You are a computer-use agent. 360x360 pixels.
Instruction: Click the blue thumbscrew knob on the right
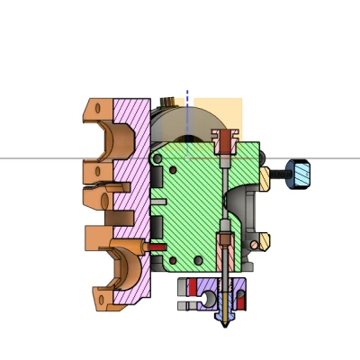point(300,174)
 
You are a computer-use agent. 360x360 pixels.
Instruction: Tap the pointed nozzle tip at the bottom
point(221,320)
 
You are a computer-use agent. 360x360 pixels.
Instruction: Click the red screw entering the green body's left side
point(155,245)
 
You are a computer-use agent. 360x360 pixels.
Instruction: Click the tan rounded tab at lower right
point(264,241)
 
